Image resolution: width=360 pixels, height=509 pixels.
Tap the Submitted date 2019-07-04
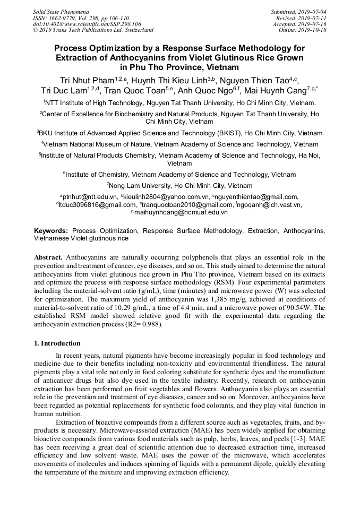click(x=313, y=11)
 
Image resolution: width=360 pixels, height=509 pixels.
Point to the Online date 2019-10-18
click(x=313, y=30)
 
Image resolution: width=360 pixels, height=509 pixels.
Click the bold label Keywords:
click(x=51, y=231)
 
